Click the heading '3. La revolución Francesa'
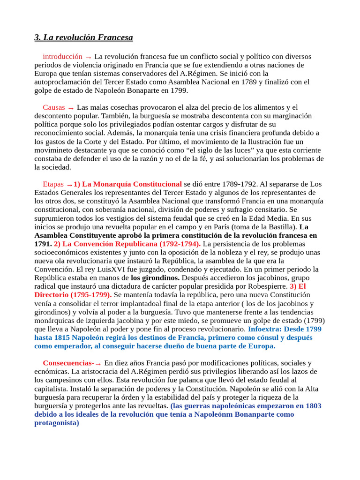coord(83,37)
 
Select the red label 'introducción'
coord(62,56)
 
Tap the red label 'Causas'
coord(54,107)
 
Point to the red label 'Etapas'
coord(52,184)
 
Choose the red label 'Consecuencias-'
coord(68,363)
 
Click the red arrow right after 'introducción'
coord(88,57)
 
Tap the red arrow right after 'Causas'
coord(71,108)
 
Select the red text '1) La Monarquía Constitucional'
coord(127,184)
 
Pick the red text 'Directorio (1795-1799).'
coord(73,295)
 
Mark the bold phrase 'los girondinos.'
coord(155,278)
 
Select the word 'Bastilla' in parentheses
coord(281,227)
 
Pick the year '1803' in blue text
coord(311,406)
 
